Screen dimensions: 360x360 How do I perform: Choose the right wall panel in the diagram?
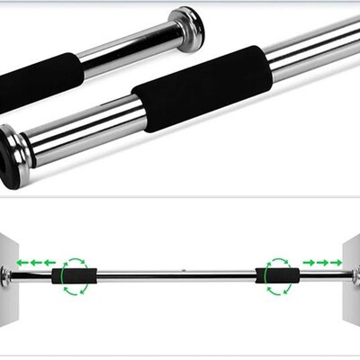(x=349, y=270)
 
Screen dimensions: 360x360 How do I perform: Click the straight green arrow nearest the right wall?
(x=336, y=262)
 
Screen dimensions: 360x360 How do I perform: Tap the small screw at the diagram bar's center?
(x=183, y=268)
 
